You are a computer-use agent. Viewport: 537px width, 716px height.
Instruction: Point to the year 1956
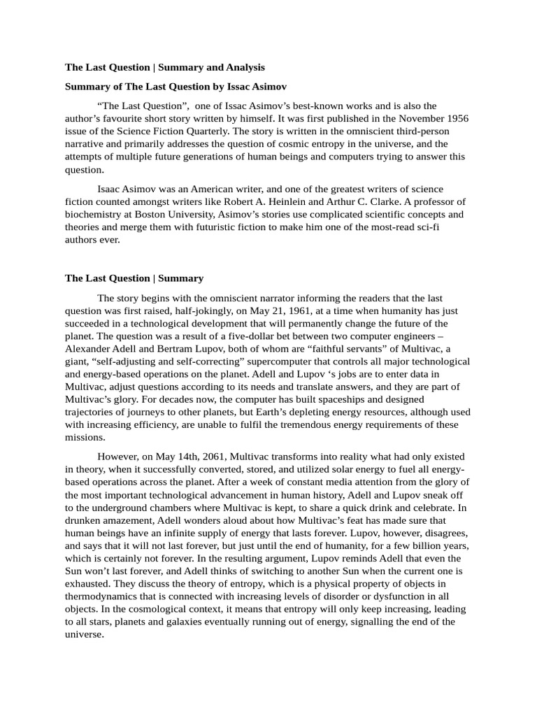(456, 118)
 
